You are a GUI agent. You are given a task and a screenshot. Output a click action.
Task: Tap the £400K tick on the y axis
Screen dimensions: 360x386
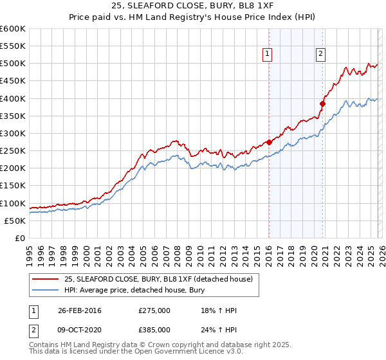pyautogui.click(x=13, y=98)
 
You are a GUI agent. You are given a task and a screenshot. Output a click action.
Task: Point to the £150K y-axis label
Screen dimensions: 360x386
pyautogui.click(x=13, y=186)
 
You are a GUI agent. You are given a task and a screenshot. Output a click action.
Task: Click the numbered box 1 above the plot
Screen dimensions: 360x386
pyautogui.click(x=267, y=55)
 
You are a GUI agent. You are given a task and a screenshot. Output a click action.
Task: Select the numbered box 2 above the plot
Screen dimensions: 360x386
pyautogui.click(x=320, y=55)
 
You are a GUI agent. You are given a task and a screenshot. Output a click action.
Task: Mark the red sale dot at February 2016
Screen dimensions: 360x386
pyautogui.click(x=268, y=142)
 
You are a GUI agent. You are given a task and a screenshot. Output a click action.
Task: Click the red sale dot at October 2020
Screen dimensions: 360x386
pyautogui.click(x=323, y=104)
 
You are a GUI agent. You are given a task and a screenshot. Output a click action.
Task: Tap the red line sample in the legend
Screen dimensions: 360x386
pyautogui.click(x=46, y=279)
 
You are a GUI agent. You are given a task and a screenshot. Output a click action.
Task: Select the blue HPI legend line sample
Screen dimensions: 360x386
pyautogui.click(x=46, y=290)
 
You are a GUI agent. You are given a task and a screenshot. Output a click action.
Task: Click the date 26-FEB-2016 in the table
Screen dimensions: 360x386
pyautogui.click(x=79, y=310)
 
